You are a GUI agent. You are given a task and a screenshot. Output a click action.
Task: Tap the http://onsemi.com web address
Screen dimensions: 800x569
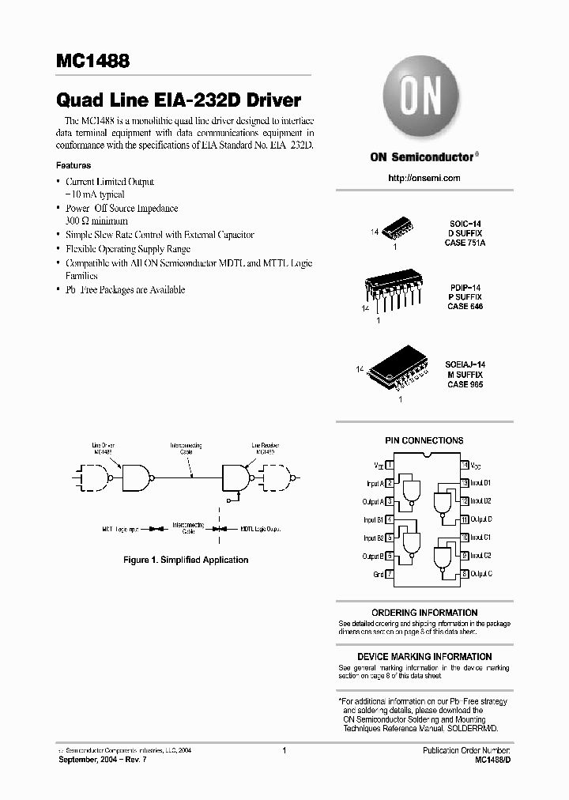pos(424,178)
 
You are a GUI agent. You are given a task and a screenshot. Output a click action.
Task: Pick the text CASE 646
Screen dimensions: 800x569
pos(465,306)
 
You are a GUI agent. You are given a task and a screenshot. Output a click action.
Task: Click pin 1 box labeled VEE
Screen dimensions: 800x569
pos(390,465)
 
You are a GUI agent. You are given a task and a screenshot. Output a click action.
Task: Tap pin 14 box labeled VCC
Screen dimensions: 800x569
pos(465,465)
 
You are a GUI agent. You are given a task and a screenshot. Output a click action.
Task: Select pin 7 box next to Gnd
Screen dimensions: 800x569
pos(390,574)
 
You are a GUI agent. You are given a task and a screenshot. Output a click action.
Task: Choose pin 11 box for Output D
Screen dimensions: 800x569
pos(465,519)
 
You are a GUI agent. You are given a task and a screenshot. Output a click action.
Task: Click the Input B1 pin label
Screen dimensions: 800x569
pos(373,519)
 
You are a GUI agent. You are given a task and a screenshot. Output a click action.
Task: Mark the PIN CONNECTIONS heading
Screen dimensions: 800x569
pos(424,440)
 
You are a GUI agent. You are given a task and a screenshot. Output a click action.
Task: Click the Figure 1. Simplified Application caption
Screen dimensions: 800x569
pos(186,560)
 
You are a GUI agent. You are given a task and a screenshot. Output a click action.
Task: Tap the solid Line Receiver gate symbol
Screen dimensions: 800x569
pos(235,477)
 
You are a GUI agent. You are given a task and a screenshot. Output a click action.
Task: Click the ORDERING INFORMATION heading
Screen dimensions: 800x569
pos(424,613)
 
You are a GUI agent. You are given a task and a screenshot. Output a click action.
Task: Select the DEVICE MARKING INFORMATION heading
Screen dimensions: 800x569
pos(424,657)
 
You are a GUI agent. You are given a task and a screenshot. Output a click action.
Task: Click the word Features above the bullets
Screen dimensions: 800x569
pos(73,166)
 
